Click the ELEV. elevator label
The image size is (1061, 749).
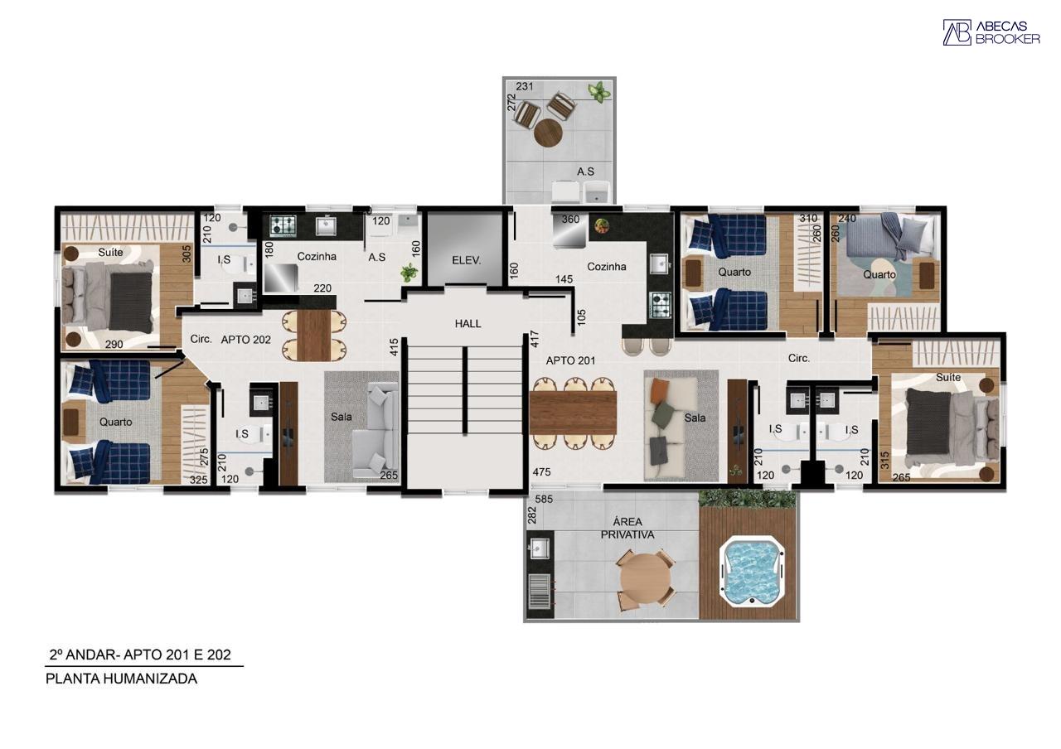click(x=466, y=260)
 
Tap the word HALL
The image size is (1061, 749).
click(x=468, y=324)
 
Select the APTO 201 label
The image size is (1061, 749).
click(x=570, y=360)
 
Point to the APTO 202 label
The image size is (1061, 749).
click(x=246, y=340)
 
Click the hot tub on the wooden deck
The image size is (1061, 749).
click(x=752, y=572)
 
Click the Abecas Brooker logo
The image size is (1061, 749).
click(x=991, y=32)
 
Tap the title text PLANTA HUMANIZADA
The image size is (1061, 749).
click(x=121, y=679)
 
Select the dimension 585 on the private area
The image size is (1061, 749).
click(x=544, y=499)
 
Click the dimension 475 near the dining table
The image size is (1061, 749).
click(x=541, y=472)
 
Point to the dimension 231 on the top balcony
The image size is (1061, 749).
click(x=525, y=86)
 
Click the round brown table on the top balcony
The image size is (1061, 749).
click(x=548, y=133)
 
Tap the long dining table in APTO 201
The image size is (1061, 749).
click(x=573, y=413)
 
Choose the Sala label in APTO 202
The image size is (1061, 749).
click(x=341, y=417)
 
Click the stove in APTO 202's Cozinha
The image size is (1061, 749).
click(x=283, y=226)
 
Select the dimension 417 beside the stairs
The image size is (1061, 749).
click(x=535, y=339)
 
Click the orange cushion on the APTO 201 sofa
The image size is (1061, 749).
click(x=660, y=390)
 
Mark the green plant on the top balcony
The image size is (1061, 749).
click(x=599, y=91)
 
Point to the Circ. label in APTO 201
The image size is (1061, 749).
click(x=798, y=359)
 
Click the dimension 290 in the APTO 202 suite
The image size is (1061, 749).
click(x=114, y=345)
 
